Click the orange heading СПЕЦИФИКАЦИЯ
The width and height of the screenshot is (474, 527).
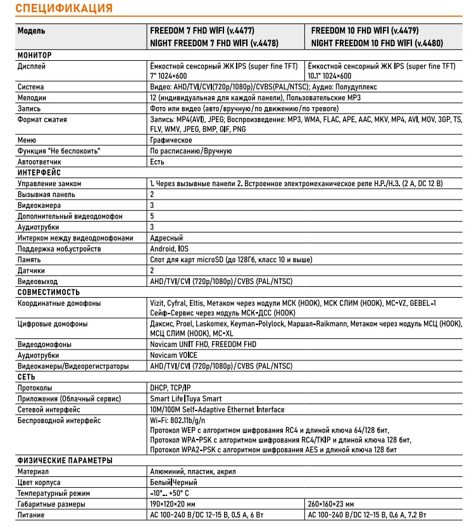(x=64, y=9)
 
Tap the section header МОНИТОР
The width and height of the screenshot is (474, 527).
(x=35, y=55)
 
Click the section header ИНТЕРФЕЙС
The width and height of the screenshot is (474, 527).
(x=39, y=172)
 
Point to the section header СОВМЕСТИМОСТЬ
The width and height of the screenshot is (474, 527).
(x=48, y=292)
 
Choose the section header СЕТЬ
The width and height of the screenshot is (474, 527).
(x=27, y=377)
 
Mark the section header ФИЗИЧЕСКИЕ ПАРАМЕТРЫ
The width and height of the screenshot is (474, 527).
(x=65, y=460)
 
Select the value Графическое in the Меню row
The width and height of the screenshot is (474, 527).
(x=171, y=140)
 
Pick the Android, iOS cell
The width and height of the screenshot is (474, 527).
(x=169, y=249)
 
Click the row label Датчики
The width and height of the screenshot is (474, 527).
(x=32, y=270)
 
